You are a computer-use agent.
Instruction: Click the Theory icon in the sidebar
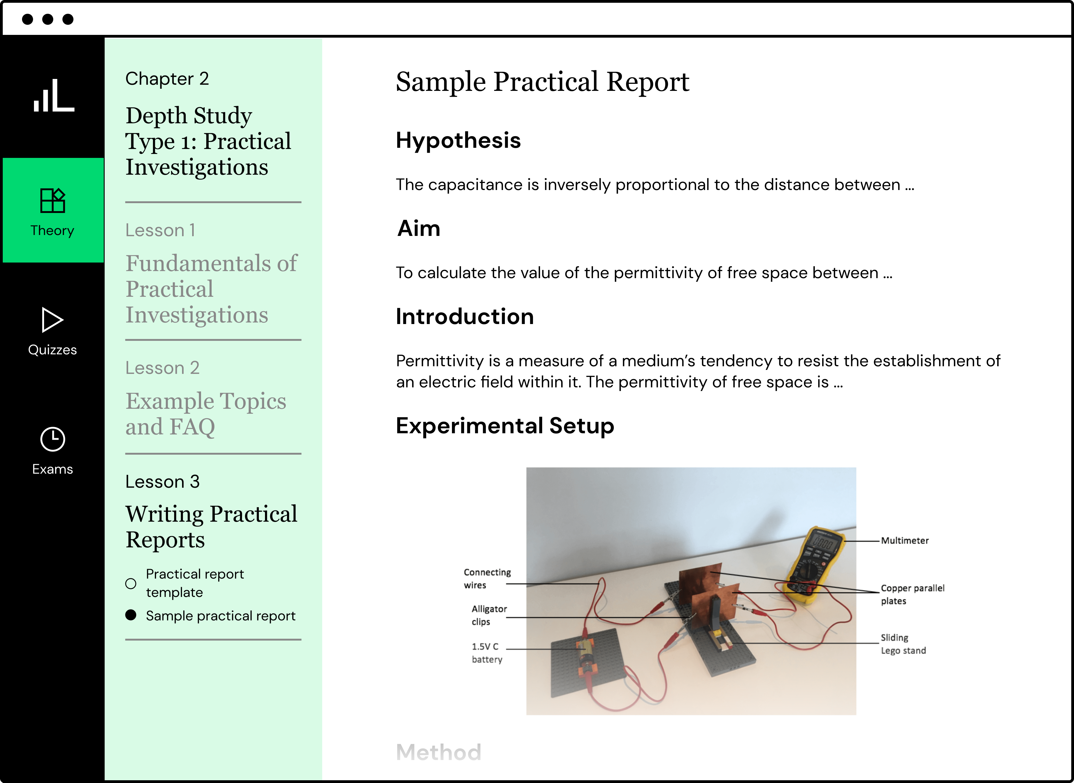tap(53, 200)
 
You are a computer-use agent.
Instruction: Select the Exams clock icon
tap(53, 439)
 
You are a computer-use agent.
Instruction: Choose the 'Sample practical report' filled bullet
tap(131, 615)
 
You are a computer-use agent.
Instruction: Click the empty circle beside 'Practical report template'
tap(131, 584)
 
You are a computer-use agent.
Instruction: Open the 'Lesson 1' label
tap(160, 230)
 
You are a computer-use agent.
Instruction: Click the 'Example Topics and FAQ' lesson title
tap(206, 413)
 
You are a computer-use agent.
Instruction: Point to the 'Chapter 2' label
tap(167, 79)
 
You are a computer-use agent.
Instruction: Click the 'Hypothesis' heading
tap(458, 140)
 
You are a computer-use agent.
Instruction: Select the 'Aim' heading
tap(419, 229)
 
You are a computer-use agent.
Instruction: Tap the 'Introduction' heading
tap(464, 317)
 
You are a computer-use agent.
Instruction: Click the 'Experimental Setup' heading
tap(505, 426)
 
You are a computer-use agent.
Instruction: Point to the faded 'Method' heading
tap(438, 752)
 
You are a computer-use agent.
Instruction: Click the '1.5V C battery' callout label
tap(487, 653)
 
